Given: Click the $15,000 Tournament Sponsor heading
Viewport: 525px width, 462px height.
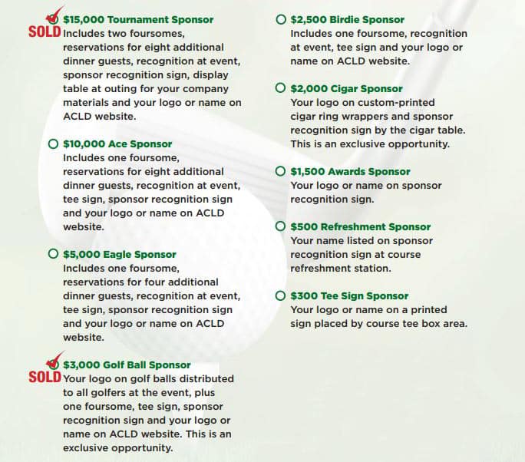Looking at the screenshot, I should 138,19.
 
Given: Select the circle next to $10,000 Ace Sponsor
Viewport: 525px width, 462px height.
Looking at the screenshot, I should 53,144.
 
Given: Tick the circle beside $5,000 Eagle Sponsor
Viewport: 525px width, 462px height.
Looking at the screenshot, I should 53,254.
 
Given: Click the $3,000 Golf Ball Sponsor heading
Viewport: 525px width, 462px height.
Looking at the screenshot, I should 127,365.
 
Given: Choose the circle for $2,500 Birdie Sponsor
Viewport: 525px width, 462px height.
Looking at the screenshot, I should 280,19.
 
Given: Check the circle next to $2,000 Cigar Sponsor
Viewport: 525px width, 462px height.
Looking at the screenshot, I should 280,88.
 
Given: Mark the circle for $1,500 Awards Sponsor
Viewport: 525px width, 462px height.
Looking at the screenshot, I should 280,171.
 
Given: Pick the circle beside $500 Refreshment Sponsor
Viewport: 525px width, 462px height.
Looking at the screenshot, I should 280,226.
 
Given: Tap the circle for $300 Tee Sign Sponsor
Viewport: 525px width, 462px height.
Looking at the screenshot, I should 280,295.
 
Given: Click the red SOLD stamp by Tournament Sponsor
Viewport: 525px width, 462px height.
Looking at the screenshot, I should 45,33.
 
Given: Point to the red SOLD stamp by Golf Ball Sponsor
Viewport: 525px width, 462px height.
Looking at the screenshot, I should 45,378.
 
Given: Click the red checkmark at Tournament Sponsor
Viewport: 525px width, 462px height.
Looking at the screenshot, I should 54,16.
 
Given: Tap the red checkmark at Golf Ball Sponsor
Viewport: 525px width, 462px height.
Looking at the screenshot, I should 54,361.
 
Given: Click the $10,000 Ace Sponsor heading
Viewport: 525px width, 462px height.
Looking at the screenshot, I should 117,144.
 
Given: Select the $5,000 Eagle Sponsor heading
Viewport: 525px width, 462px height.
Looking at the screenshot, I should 120,254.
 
